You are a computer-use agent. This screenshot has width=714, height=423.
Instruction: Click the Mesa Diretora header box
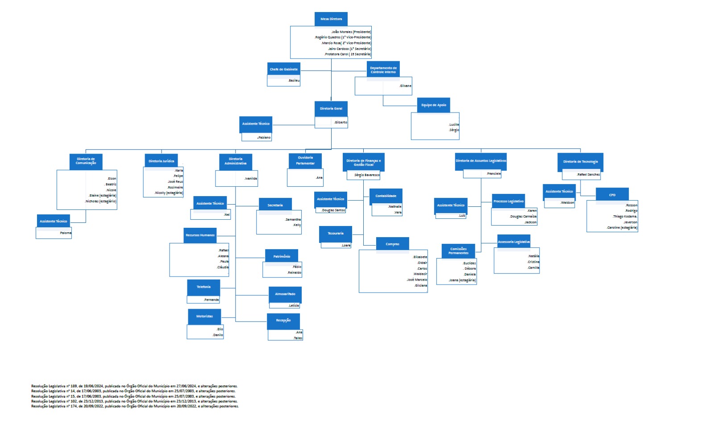[331, 19]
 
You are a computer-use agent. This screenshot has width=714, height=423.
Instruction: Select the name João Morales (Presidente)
[351, 32]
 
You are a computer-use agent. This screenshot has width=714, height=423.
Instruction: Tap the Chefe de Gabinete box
[284, 69]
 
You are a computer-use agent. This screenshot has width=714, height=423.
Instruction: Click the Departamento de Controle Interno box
[383, 70]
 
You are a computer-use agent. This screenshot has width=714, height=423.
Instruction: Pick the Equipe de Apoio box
[433, 105]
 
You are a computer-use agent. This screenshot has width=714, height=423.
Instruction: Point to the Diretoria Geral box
[331, 109]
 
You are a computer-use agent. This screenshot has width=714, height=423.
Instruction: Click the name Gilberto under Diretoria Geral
[341, 122]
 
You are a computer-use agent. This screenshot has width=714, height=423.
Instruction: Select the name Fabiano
[264, 138]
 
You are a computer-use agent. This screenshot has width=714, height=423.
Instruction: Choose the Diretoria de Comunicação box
[86, 161]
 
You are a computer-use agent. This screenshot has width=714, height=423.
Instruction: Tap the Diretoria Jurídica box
[162, 161]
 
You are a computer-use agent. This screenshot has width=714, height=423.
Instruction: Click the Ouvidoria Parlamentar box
[305, 160]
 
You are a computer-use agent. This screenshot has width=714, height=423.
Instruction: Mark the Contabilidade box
[386, 196]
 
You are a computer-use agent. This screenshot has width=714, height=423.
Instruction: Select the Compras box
[393, 244]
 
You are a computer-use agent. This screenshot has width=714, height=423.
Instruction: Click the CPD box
[612, 195]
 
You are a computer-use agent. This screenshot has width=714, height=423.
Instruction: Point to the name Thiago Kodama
[625, 217]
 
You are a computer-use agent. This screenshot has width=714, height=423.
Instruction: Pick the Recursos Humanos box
[200, 235]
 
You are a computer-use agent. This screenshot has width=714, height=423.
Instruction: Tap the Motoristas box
[204, 316]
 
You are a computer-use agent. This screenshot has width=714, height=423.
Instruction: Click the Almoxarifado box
[285, 294]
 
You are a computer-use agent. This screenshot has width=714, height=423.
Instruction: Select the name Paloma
[66, 233]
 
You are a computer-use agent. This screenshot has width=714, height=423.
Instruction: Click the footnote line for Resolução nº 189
[134, 386]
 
